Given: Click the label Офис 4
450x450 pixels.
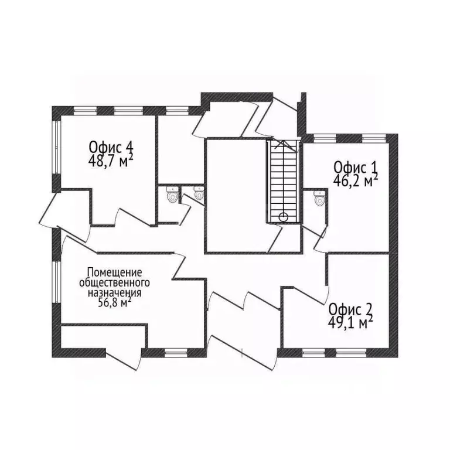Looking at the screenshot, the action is (111, 148).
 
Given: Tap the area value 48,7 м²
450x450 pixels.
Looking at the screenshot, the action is (111, 161).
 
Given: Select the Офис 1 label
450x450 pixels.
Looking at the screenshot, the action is (356, 168).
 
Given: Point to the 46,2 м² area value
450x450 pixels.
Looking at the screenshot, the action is (356, 180).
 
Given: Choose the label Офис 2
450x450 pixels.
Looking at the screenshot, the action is (350, 310).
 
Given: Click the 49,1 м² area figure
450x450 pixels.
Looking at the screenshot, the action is (350, 323).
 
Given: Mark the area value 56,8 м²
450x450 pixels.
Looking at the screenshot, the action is (114, 303).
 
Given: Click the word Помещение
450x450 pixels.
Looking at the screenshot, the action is (114, 272).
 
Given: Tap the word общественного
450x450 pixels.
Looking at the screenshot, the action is (114, 282).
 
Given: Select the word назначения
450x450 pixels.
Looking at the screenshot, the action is (114, 293).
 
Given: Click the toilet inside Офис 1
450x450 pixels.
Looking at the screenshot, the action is (319, 197).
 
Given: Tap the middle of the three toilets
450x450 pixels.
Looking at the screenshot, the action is (198, 193).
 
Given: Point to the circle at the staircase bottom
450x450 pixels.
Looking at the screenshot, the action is (283, 217).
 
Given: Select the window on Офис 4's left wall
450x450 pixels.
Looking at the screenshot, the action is (57, 147).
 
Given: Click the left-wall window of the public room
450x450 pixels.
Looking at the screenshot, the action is (57, 281).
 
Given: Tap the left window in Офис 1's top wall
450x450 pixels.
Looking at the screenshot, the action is (325, 138).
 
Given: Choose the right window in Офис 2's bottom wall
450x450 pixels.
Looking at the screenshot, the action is (351, 353).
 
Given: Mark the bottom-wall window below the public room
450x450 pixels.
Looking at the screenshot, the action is (176, 353).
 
